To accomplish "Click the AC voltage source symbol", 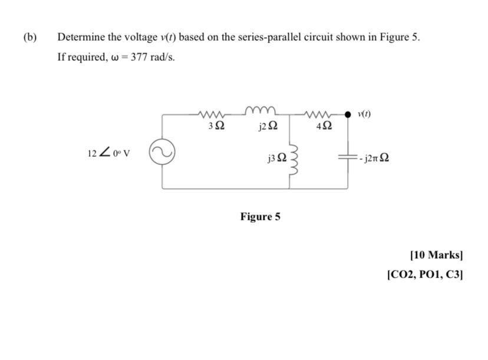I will coord(162,153).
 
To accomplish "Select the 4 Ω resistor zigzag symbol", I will coord(323,113).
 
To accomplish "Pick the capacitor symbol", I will coord(348,158).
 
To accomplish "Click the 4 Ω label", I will coord(324,126).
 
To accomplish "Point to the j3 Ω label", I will coord(277,157).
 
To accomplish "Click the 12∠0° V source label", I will coord(108,153).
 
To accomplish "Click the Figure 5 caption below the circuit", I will coord(260,216).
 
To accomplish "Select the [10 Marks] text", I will coord(436,255).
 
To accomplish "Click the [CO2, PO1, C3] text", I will coord(425,274).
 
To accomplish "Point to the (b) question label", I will coord(29,37).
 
